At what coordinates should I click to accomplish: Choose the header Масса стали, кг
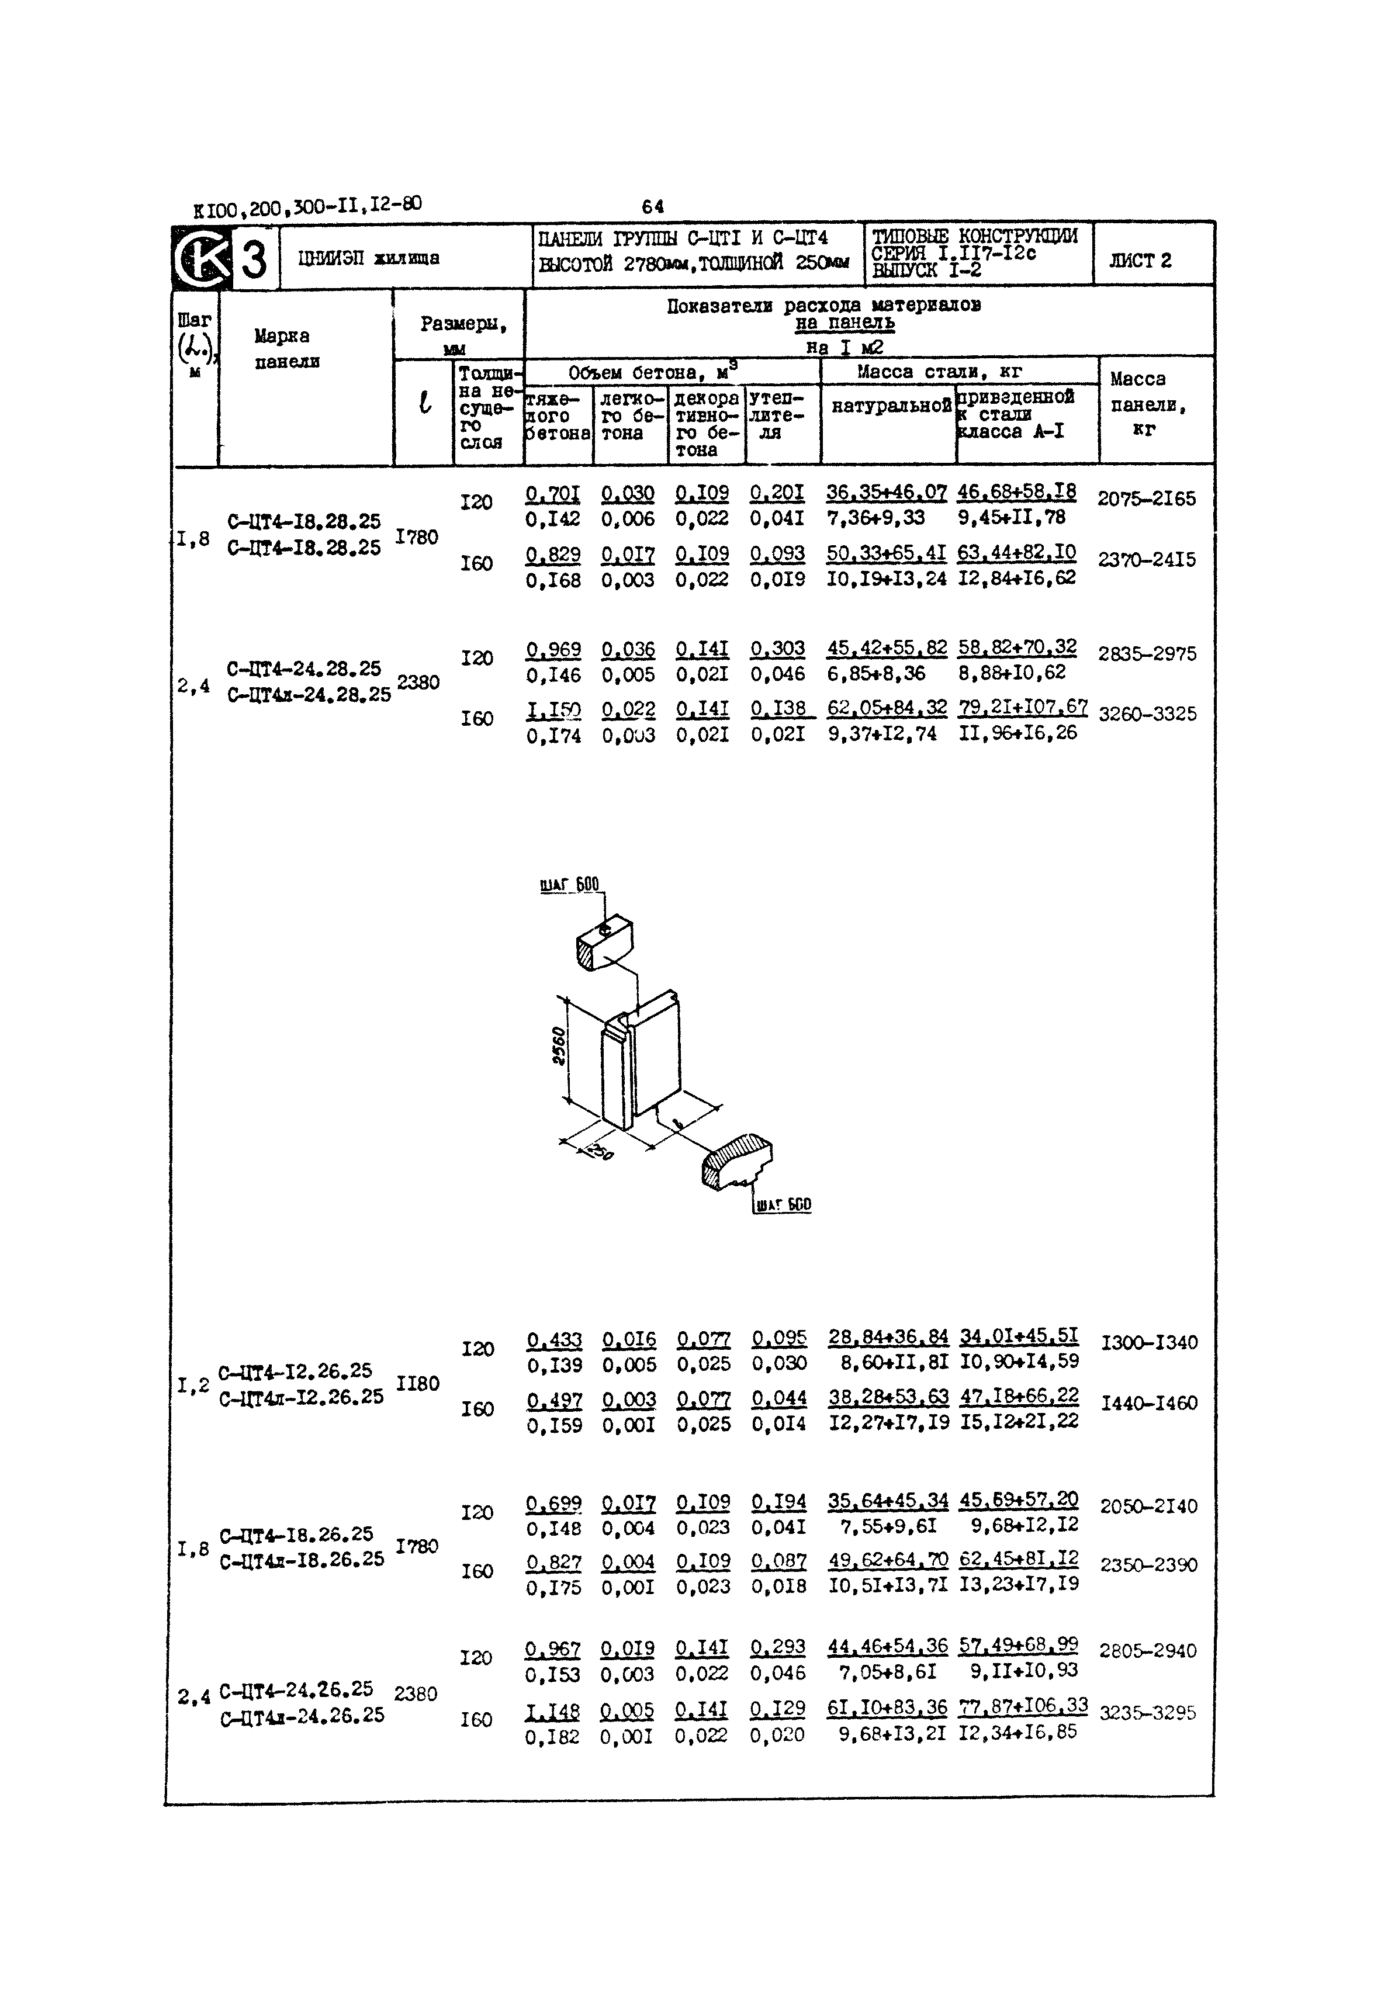click(939, 372)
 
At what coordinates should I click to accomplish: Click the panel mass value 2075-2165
click(1147, 498)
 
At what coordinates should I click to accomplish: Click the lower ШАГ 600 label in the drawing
click(783, 1204)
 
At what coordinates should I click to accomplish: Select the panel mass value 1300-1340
click(1149, 1343)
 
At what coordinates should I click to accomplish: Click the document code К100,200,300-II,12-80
click(307, 207)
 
